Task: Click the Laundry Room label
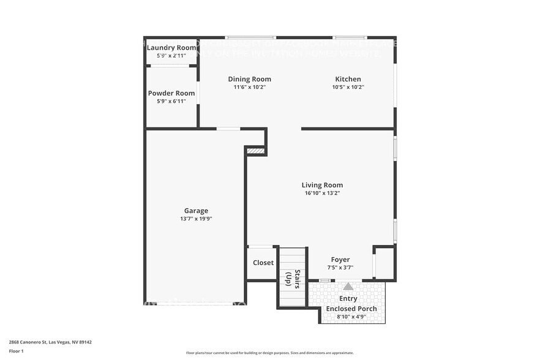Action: coord(171,48)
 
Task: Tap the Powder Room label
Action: coord(171,94)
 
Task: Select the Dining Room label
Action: coord(249,79)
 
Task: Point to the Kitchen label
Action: coord(348,79)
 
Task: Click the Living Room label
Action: coord(322,185)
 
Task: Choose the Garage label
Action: coord(196,211)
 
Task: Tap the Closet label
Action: coord(263,263)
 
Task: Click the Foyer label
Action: coord(340,260)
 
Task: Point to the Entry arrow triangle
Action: coord(348,286)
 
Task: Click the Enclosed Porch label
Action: coord(351,309)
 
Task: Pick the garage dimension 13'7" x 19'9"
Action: coord(196,219)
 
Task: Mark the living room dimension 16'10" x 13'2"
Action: coord(322,193)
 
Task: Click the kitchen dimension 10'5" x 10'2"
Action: coord(348,87)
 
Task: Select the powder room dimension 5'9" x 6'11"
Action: coord(171,102)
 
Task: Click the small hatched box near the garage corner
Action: coord(255,150)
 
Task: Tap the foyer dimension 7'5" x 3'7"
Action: coord(340,268)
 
